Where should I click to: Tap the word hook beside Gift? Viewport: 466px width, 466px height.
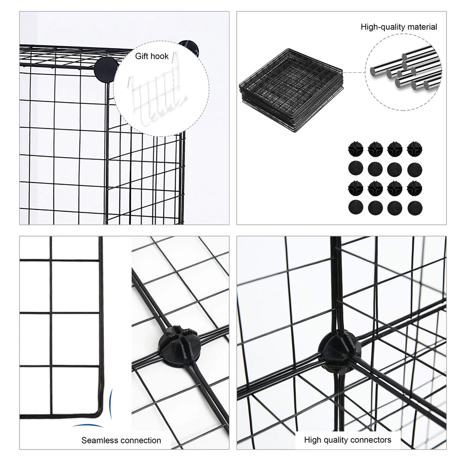tap(160, 56)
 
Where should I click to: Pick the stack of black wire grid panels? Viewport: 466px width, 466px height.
tap(291, 90)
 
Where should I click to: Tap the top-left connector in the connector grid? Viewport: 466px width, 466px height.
tap(356, 149)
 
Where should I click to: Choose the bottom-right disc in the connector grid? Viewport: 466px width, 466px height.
tap(415, 208)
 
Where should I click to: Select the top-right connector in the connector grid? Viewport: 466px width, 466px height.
tap(415, 149)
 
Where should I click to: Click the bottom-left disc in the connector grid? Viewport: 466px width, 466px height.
tap(356, 208)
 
